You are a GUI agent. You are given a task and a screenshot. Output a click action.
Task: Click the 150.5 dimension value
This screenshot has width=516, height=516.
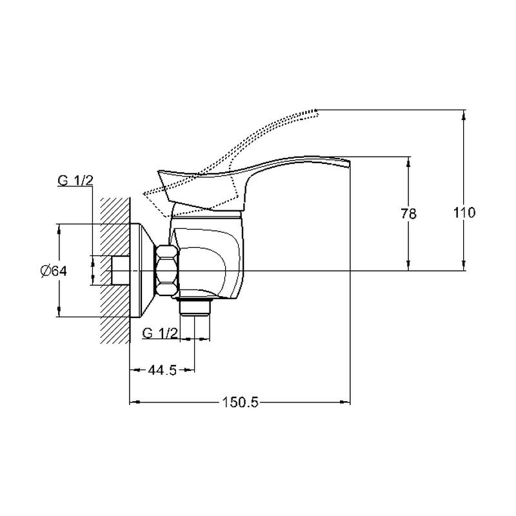240,402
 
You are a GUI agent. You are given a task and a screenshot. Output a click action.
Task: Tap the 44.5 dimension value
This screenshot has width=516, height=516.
163,370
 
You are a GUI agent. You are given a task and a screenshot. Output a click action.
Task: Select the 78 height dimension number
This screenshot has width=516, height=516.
409,214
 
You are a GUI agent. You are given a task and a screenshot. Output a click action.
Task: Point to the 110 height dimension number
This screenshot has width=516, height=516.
464,213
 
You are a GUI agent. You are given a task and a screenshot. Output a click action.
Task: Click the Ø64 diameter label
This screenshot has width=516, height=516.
54,271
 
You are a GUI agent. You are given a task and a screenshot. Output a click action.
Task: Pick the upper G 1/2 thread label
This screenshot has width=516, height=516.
75,181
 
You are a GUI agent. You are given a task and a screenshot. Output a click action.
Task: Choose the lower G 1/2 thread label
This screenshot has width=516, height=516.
160,333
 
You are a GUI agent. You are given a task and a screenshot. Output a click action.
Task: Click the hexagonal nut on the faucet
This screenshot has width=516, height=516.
168,270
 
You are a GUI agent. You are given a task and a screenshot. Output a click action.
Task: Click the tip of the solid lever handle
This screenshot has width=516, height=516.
349,161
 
